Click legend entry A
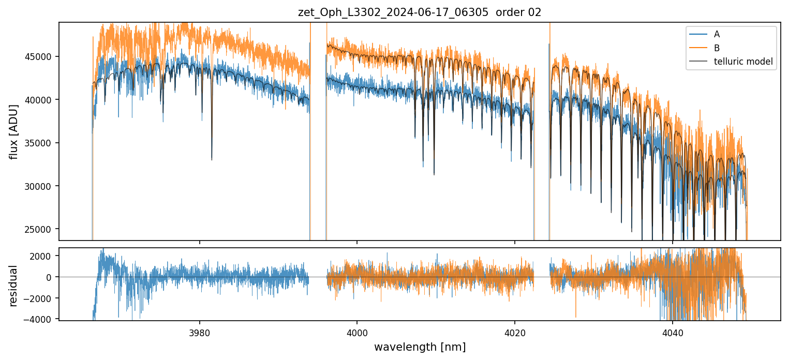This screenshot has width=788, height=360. (717, 34)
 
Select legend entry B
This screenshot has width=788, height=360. (717, 48)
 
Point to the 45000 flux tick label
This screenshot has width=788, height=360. (38, 56)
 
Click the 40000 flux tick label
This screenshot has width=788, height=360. (38, 100)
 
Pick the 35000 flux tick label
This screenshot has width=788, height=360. (38, 143)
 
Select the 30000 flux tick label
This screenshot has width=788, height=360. (38, 186)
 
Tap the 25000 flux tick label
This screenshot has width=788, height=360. (38, 229)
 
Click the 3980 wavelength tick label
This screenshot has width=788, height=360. (200, 333)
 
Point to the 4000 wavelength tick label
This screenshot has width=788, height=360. (357, 333)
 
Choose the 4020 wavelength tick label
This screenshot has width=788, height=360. (515, 333)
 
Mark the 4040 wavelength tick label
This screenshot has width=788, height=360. (672, 333)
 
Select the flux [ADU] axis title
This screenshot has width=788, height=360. (13, 131)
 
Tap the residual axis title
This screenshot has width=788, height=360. (13, 286)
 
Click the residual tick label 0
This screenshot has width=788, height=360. (49, 277)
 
